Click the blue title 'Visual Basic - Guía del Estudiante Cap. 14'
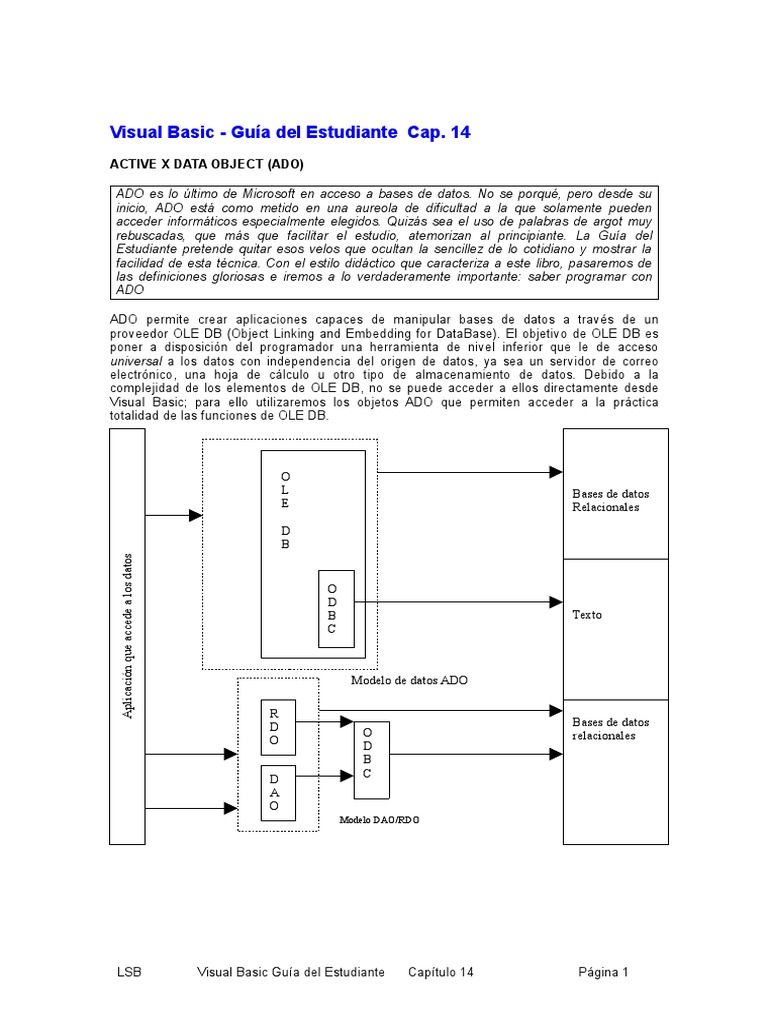coord(289,132)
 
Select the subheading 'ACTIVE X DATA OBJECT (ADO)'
coord(205,164)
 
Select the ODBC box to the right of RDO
coord(368,758)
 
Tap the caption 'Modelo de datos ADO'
coord(410,680)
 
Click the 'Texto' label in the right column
coord(587,614)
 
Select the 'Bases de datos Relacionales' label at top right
coord(606,500)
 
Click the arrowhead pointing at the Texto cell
coord(556,602)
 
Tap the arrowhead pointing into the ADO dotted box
coord(195,515)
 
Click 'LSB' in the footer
coord(129,972)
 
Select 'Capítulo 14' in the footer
coord(441,972)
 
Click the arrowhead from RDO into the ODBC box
coord(346,721)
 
